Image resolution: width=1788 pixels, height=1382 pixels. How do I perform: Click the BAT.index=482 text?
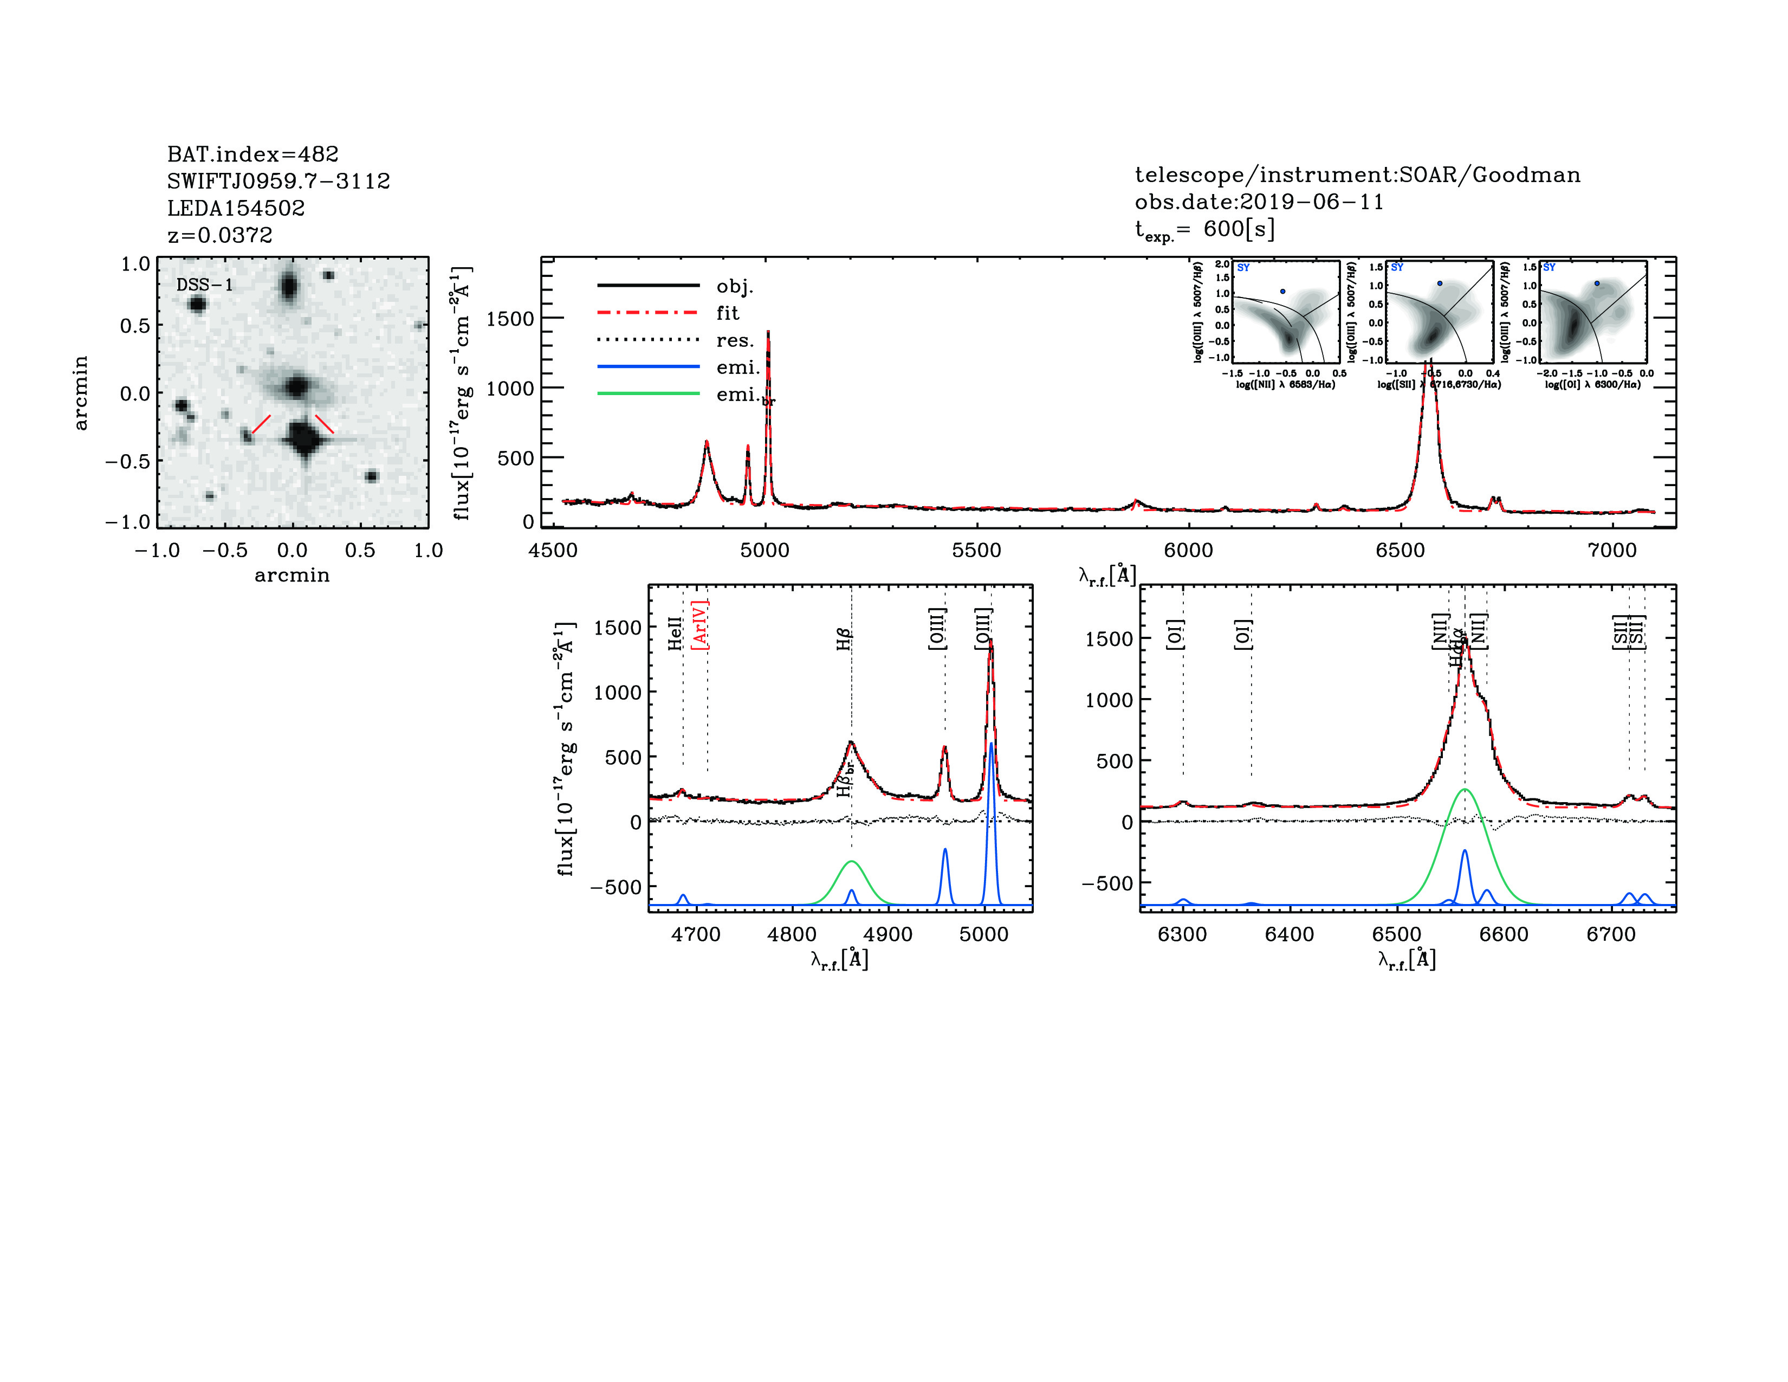(x=252, y=154)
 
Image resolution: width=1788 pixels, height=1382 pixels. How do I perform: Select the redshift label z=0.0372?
(x=219, y=235)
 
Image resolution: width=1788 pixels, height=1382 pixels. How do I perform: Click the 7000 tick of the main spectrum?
(x=1612, y=550)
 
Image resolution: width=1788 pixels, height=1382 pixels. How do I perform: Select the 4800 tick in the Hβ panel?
(x=792, y=934)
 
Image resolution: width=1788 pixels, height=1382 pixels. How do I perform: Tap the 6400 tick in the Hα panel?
(x=1290, y=934)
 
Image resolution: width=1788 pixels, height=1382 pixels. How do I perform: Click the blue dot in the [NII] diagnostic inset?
(x=1283, y=292)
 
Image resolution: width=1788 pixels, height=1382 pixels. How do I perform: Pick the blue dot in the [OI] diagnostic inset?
(x=1596, y=283)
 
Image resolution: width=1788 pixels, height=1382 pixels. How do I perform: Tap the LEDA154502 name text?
(x=236, y=208)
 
